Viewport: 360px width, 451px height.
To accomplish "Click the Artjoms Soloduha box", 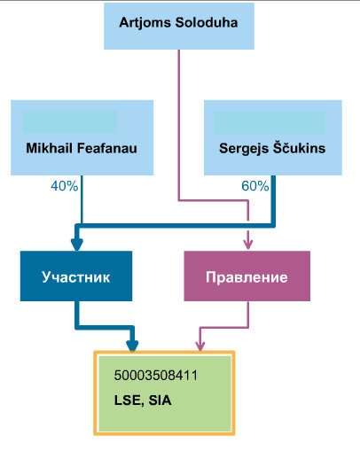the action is (x=179, y=26).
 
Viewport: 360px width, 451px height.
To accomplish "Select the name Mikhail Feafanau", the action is (x=82, y=148).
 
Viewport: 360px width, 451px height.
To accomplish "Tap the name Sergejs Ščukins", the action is (x=272, y=148).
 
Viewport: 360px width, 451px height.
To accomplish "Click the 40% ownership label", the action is (x=64, y=186).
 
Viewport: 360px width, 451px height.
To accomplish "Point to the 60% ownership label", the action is (x=255, y=186).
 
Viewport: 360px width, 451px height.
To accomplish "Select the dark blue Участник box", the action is (x=76, y=276).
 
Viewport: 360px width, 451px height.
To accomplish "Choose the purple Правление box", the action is (x=247, y=276).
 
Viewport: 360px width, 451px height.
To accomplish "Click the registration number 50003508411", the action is (x=156, y=376).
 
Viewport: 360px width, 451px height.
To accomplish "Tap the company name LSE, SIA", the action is (x=143, y=400).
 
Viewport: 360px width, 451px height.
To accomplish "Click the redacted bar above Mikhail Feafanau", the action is (x=70, y=121).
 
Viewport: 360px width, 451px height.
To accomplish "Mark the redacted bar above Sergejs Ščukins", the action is (x=270, y=122).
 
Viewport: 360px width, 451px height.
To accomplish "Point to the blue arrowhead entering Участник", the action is (x=77, y=244).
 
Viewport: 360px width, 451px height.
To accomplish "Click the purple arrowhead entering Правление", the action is (x=248, y=245).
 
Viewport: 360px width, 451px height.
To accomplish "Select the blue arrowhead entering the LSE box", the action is (x=132, y=346).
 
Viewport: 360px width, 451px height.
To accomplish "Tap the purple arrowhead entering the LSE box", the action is (x=200, y=346).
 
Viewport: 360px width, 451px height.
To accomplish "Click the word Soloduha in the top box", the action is (x=207, y=22).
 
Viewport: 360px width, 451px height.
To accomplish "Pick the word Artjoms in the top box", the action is (x=145, y=23).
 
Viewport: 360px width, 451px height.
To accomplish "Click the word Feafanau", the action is (x=106, y=148).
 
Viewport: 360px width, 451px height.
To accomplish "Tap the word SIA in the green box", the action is (x=160, y=400).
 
